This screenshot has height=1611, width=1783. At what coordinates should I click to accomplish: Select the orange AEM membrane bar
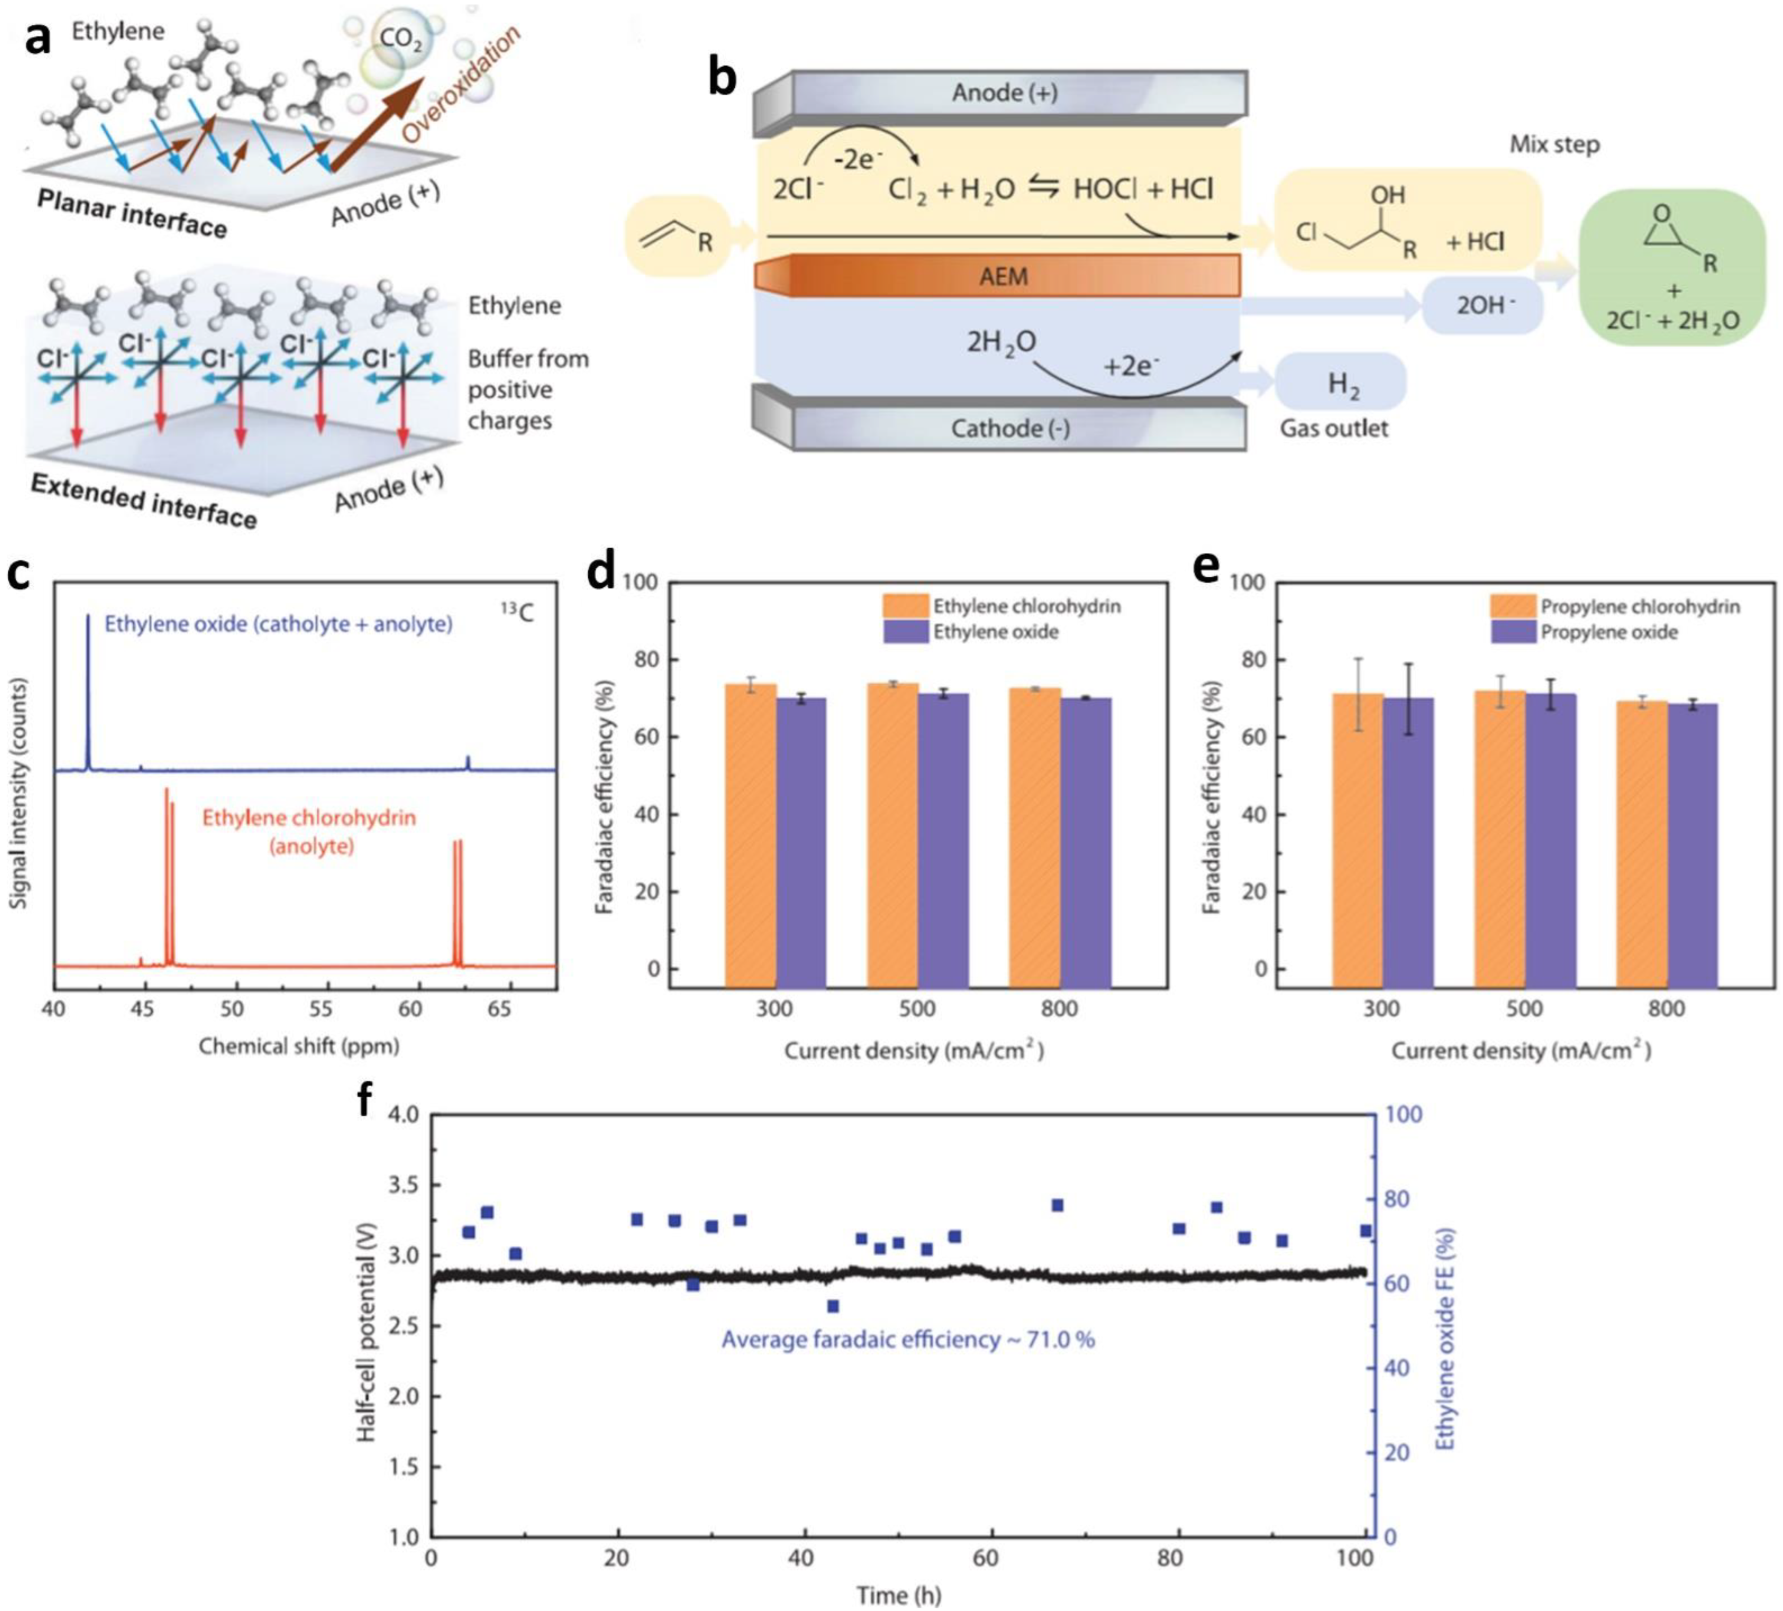point(999,276)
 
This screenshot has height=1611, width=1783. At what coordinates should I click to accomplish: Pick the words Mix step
point(1554,144)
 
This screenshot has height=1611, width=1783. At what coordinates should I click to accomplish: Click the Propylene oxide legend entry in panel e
point(1608,632)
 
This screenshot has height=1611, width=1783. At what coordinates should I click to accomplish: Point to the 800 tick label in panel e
point(1666,1008)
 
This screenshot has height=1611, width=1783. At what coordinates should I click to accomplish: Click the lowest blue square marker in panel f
point(832,1306)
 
